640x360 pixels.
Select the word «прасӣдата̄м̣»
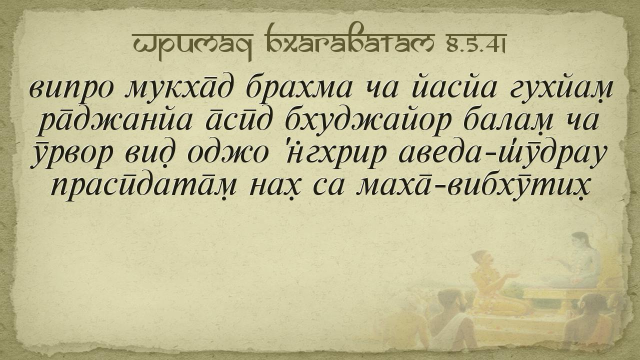pos(143,187)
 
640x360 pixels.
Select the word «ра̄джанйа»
pos(115,122)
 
